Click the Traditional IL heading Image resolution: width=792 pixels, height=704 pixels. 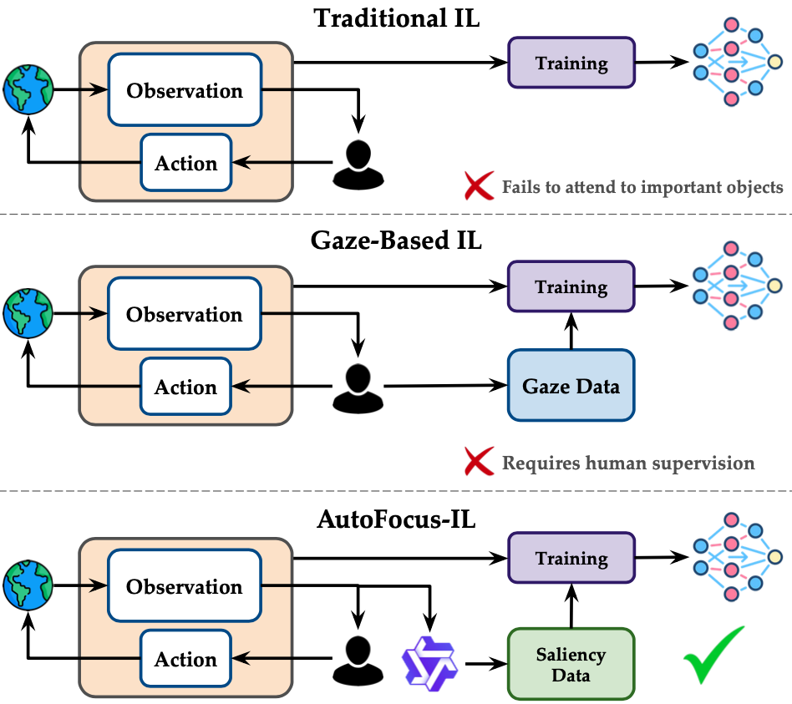click(397, 18)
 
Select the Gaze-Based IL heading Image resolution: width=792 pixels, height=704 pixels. click(397, 242)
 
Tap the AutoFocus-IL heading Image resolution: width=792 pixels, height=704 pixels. click(396, 519)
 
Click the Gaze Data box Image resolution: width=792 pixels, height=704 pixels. click(571, 386)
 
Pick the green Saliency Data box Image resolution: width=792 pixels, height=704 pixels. click(571, 664)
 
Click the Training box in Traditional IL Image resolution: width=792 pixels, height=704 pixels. click(571, 63)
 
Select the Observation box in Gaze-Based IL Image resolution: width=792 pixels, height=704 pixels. click(185, 315)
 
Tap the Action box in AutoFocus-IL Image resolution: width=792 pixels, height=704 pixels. click(185, 660)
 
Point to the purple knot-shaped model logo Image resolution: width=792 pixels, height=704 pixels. click(429, 660)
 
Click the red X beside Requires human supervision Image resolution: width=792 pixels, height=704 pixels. click(479, 462)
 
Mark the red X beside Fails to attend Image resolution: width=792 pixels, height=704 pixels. click(479, 185)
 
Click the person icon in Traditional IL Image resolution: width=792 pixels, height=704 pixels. click(358, 163)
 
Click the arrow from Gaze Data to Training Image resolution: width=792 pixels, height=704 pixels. click(571, 329)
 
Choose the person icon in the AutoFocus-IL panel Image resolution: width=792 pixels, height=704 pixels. click(358, 660)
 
